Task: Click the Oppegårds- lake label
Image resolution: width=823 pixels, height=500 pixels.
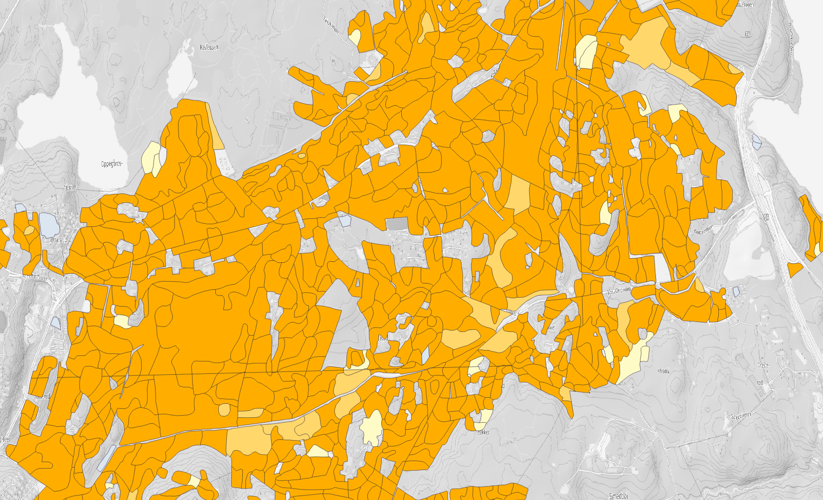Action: point(112,164)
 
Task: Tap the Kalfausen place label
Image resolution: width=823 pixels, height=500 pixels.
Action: point(209,47)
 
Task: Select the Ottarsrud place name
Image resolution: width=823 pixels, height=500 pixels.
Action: point(58,240)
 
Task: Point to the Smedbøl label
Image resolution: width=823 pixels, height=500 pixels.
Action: point(619,495)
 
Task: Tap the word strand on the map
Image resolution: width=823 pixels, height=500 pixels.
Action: point(663,371)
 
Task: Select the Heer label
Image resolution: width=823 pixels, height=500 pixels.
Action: point(6,439)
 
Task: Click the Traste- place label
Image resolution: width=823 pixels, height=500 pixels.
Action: point(764,365)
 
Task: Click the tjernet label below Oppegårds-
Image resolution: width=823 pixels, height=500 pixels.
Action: point(70,187)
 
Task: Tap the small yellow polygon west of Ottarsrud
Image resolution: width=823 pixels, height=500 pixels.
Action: point(29,230)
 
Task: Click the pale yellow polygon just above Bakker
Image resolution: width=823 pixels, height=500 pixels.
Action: point(484,417)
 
